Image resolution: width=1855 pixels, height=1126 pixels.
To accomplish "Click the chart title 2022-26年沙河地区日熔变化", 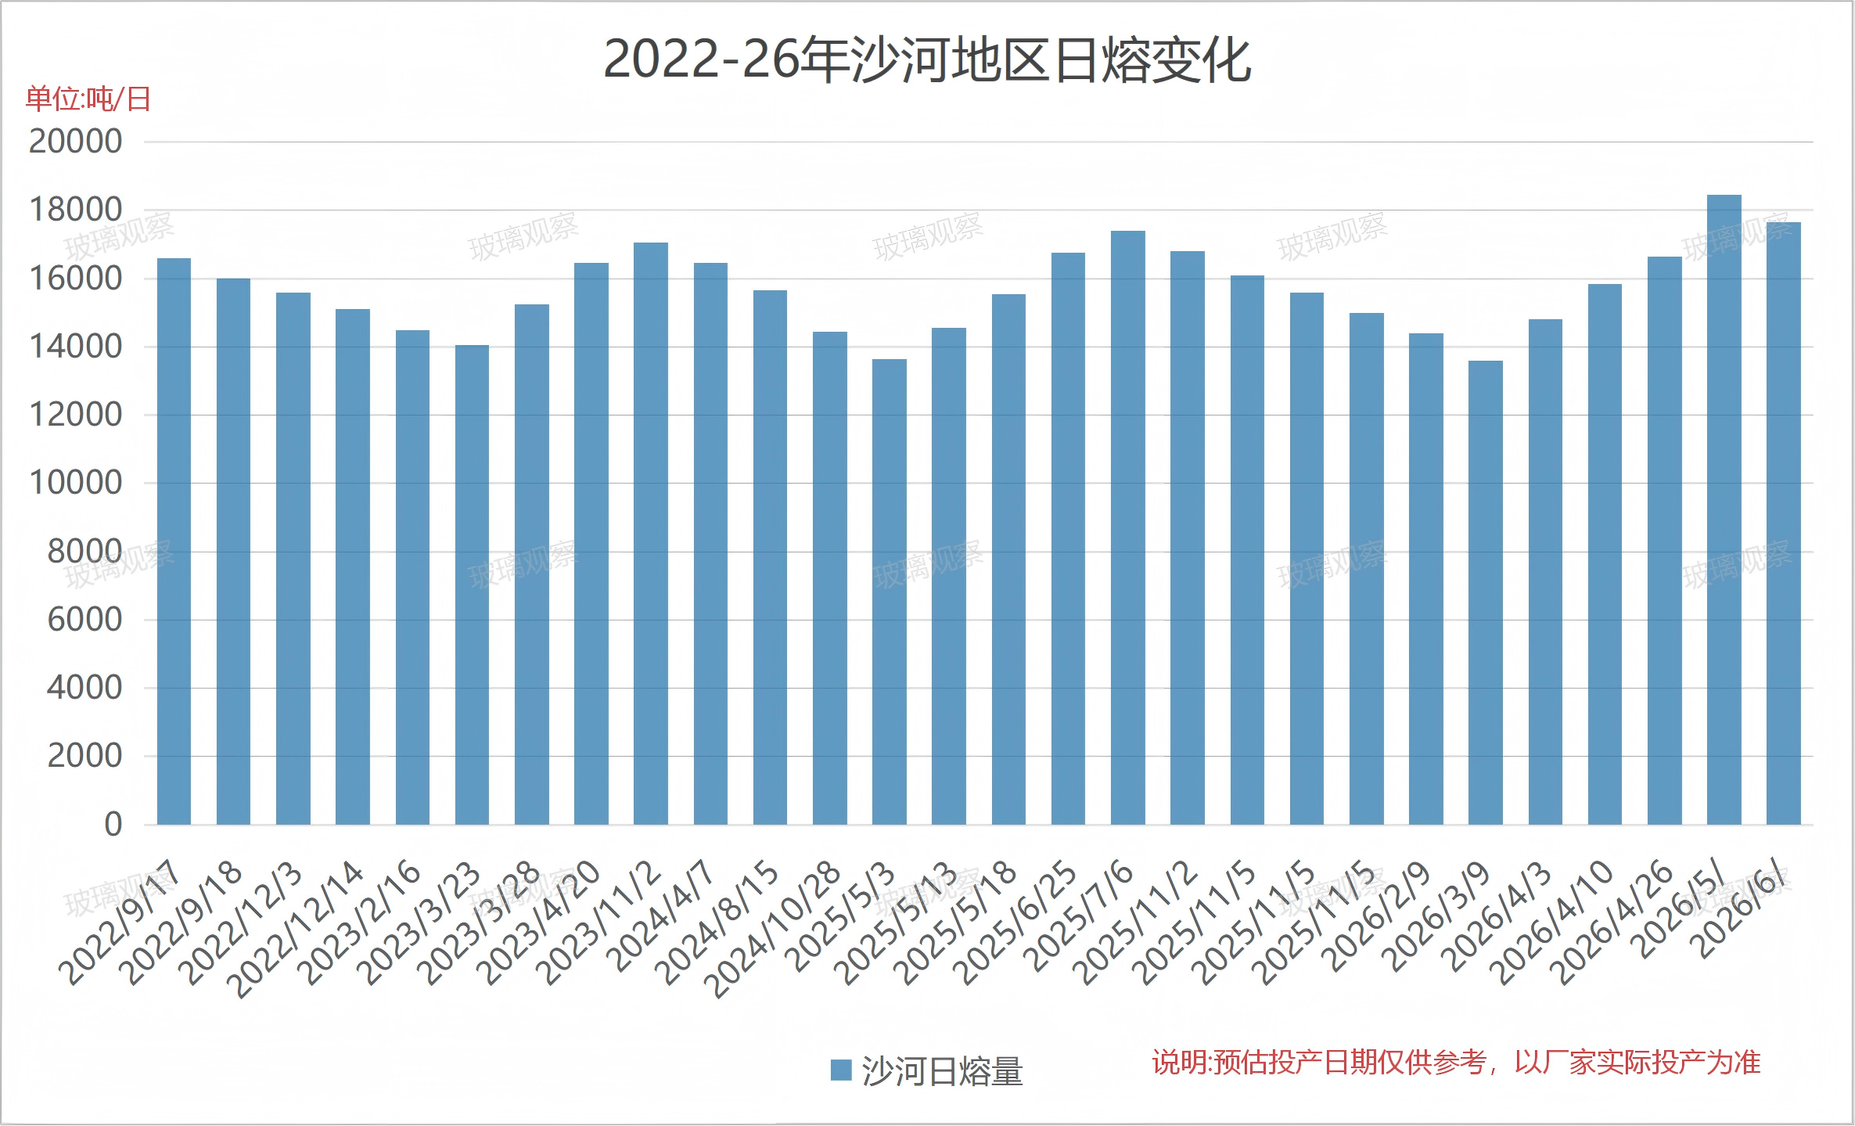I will tap(927, 60).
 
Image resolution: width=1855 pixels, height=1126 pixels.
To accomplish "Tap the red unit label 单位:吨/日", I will tap(88, 99).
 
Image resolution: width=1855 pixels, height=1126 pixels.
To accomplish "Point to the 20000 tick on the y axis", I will tap(76, 142).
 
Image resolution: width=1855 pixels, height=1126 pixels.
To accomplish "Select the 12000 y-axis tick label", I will tap(76, 415).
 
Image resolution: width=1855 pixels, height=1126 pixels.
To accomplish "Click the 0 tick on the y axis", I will tap(113, 824).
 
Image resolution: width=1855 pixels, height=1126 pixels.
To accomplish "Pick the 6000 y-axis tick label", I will tap(84, 620).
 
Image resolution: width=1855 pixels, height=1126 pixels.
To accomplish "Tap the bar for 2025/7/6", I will tap(1127, 528).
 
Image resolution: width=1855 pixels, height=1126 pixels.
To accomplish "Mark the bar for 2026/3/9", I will tap(1486, 593).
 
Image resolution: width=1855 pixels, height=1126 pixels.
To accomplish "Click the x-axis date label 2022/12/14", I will tap(299, 931).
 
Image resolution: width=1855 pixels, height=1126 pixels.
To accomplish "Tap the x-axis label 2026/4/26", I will tap(1613, 923).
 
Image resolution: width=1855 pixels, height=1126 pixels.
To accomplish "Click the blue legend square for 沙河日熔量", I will tap(841, 1070).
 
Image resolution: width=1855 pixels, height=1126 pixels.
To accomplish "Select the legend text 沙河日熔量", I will tap(943, 1071).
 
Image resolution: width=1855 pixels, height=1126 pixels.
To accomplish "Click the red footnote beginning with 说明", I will tap(1456, 1063).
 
